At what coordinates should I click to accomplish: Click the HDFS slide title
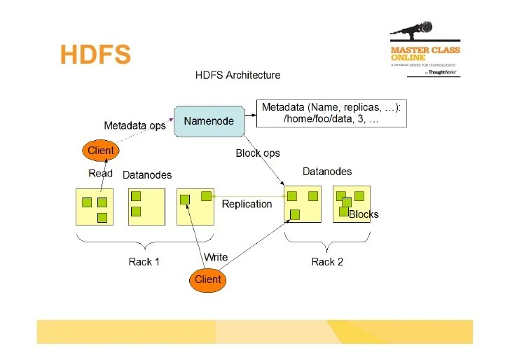pos(95,55)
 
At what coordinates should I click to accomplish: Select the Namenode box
pos(209,121)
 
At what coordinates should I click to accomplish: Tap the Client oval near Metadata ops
pos(100,151)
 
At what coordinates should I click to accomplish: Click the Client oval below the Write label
pos(207,279)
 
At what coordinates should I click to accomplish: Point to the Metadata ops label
pos(135,126)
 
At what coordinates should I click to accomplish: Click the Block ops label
pos(257,153)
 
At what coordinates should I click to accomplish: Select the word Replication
pos(247,204)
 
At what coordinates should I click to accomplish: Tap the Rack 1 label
pos(144,262)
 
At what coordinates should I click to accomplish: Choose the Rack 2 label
pos(327,262)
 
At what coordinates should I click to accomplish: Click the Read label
pos(100,174)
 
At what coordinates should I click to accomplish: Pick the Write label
pos(216,257)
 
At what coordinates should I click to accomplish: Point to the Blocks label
pos(364,214)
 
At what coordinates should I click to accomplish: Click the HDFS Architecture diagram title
pos(237,75)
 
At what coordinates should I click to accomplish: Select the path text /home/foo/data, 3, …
pos(331,119)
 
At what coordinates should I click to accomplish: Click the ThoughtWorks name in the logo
pos(443,71)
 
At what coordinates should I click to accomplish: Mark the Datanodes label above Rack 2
pos(327,172)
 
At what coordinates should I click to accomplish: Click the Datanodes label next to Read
pos(147,175)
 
